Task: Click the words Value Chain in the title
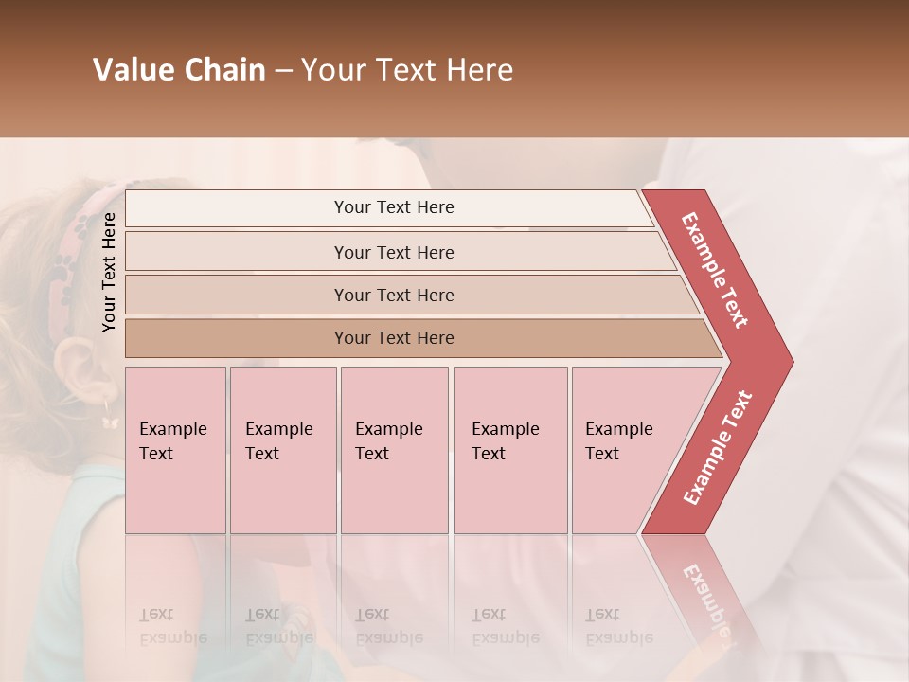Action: pyautogui.click(x=179, y=70)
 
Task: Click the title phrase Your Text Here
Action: pyautogui.click(x=407, y=70)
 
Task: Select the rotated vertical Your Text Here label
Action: pyautogui.click(x=109, y=272)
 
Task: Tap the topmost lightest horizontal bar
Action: pyautogui.click(x=393, y=207)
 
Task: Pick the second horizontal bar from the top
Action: pyautogui.click(x=393, y=252)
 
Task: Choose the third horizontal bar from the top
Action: pyautogui.click(x=393, y=295)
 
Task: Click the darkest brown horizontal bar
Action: pyautogui.click(x=393, y=338)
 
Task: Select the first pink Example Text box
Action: pyautogui.click(x=175, y=450)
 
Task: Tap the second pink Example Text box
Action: pyautogui.click(x=283, y=450)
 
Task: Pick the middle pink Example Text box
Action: pyautogui.click(x=394, y=450)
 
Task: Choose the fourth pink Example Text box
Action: pyautogui.click(x=510, y=450)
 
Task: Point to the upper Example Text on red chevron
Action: pyautogui.click(x=715, y=270)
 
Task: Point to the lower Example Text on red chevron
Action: pyautogui.click(x=717, y=447)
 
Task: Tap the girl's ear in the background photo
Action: pyautogui.click(x=74, y=365)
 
